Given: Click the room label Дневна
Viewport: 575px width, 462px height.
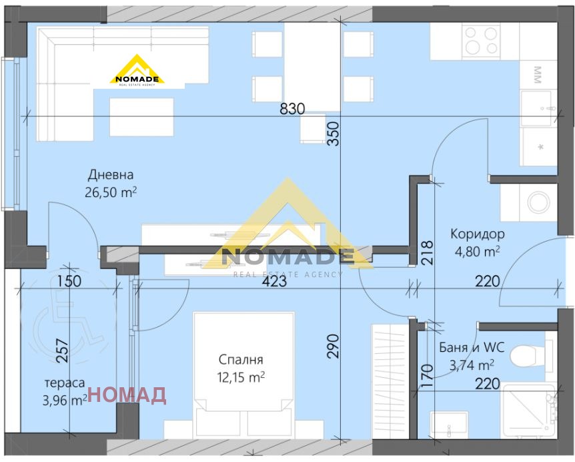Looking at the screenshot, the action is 110,175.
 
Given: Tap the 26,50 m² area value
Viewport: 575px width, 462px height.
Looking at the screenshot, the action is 111,192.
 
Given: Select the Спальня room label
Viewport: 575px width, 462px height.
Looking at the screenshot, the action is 241,360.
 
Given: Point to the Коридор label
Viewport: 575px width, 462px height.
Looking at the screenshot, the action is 478,234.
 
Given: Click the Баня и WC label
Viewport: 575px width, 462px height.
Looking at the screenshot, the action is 472,347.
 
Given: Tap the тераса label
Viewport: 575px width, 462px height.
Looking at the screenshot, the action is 65,383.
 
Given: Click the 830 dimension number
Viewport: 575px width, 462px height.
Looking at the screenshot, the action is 292,109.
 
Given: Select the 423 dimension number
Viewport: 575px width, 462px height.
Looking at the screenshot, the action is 274,282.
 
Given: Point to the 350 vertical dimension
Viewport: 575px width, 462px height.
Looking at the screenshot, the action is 334,134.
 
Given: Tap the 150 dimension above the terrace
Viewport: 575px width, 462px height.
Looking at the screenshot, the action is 69,281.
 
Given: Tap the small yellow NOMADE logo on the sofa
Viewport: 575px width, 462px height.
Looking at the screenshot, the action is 137,71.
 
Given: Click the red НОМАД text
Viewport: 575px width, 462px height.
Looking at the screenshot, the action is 127,395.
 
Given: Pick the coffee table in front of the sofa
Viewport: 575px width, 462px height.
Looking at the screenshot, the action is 141,117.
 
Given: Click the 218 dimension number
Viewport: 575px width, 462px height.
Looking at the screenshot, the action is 428,253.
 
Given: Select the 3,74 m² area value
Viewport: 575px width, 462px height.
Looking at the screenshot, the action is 472,365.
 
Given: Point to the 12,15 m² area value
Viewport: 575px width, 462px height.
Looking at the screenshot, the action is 241,377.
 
